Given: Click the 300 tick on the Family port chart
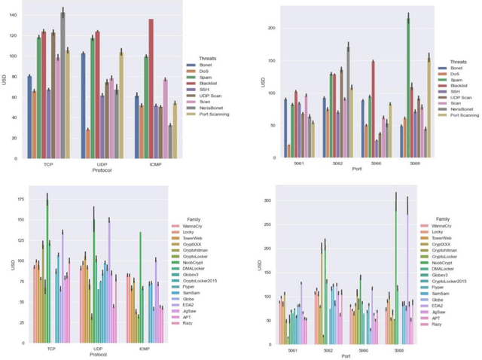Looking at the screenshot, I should [266, 200].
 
